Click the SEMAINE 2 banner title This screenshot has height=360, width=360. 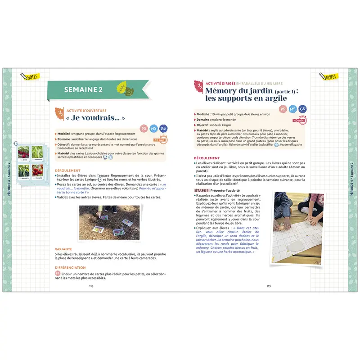(x=83, y=90)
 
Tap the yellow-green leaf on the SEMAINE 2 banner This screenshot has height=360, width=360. (x=121, y=86)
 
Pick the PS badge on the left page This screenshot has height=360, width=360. (x=144, y=128)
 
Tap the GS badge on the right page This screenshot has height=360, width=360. (x=303, y=109)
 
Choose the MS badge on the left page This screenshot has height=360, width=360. (x=154, y=128)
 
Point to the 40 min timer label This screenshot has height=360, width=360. (x=298, y=121)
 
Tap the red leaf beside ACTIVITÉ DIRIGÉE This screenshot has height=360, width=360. (x=198, y=85)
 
